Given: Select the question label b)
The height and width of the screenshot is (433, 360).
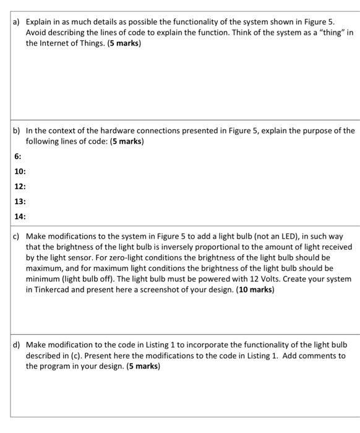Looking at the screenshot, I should click(17, 131).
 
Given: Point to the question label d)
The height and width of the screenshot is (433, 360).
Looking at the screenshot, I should click(17, 344).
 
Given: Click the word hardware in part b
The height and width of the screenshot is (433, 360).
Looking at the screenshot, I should click(105, 131).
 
